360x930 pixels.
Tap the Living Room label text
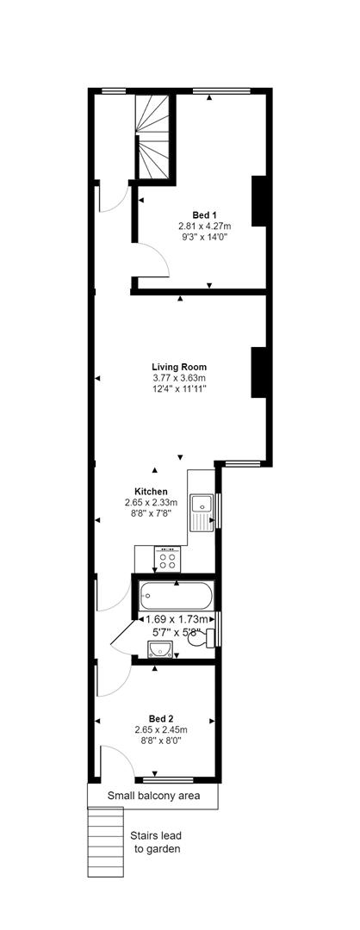coord(179,366)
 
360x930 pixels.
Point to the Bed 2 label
coord(161,718)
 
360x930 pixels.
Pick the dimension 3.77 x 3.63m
coord(179,377)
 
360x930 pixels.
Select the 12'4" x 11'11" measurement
coord(179,388)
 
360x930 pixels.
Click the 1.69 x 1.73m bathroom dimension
coord(177,618)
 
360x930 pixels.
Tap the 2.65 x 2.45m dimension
coord(161,729)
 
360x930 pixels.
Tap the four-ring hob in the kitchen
coord(167,560)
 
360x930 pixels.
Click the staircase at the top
coord(154,129)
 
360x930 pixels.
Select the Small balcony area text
coord(153,796)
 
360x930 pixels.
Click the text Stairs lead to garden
coord(155,841)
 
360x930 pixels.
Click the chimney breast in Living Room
coord(258,372)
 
